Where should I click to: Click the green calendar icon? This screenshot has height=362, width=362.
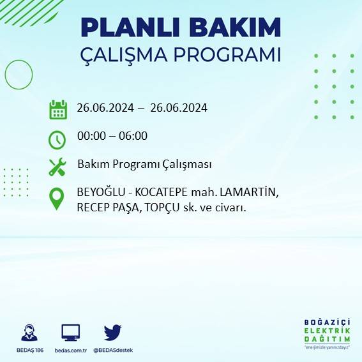[x=58, y=109]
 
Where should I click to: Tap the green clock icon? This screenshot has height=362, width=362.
[x=57, y=139]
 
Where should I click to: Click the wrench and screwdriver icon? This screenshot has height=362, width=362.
[x=57, y=167]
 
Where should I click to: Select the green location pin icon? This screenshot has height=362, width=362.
[x=57, y=199]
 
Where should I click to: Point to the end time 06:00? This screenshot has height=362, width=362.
[x=133, y=136]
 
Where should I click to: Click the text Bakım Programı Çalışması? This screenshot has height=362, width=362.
[x=144, y=164]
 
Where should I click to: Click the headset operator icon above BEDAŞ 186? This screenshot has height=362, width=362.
[x=29, y=333]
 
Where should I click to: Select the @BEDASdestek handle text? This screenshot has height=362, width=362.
[x=112, y=351]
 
